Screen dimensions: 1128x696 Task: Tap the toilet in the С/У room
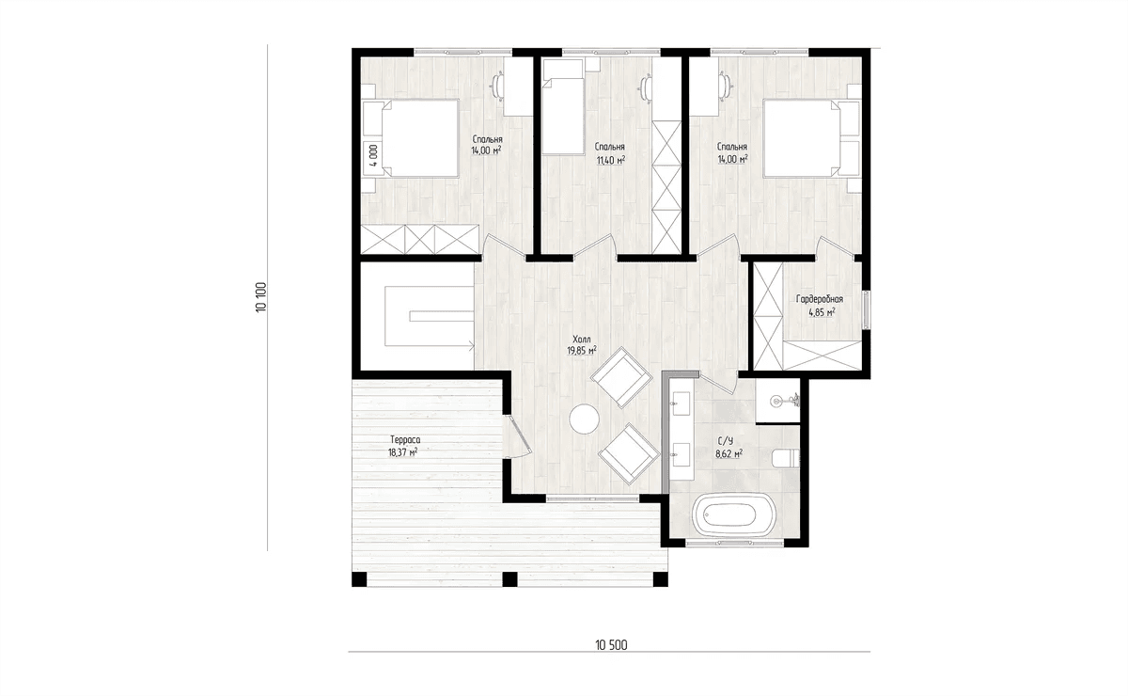786,458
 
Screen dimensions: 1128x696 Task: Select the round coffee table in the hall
584,419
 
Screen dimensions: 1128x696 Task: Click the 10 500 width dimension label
611,644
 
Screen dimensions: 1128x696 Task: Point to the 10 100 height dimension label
261,297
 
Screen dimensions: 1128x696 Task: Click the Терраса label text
405,439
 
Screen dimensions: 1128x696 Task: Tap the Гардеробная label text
820,299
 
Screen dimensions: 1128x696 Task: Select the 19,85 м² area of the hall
582,351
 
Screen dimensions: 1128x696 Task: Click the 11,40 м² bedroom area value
611,161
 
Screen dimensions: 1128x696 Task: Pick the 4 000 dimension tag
373,155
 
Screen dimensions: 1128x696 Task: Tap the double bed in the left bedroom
419,138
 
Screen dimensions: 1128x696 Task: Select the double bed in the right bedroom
802,138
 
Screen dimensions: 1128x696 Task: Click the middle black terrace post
509,579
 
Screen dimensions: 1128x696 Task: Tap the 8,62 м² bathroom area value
729,454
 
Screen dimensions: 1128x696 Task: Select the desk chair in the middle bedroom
645,87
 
